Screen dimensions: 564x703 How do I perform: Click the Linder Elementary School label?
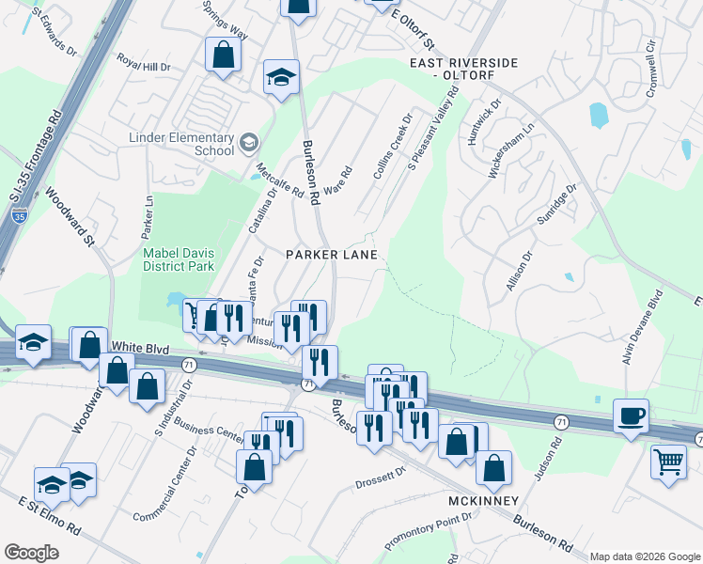pos(182,144)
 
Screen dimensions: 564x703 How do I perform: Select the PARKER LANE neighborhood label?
pos(332,255)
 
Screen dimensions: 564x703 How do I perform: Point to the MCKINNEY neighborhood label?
pos(484,500)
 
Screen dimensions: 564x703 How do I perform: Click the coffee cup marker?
pos(631,415)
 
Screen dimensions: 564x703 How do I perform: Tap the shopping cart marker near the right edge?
pos(668,462)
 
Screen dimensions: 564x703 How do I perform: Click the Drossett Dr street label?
pos(379,484)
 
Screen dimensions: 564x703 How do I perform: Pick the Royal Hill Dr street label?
pos(144,67)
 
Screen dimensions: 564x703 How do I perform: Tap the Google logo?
pos(32,552)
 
